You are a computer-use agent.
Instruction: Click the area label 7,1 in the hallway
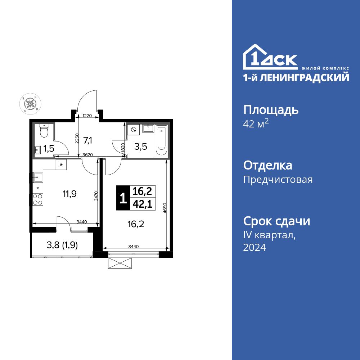tap(88, 140)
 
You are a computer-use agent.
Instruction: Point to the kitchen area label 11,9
tap(70, 194)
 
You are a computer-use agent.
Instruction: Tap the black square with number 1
tap(123, 198)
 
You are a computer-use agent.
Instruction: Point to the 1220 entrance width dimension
tap(87, 116)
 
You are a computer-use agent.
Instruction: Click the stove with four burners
tap(38, 199)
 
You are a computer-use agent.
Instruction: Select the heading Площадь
tap(271, 110)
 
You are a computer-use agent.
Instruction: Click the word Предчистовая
tap(278, 179)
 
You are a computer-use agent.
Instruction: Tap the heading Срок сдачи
tap(276, 221)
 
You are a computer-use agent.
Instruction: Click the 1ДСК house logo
tap(270, 58)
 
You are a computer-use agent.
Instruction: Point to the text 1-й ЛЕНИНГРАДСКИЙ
tap(296, 77)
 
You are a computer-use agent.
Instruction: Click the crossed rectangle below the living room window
tap(121, 263)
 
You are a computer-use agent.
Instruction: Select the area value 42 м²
tap(256, 124)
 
